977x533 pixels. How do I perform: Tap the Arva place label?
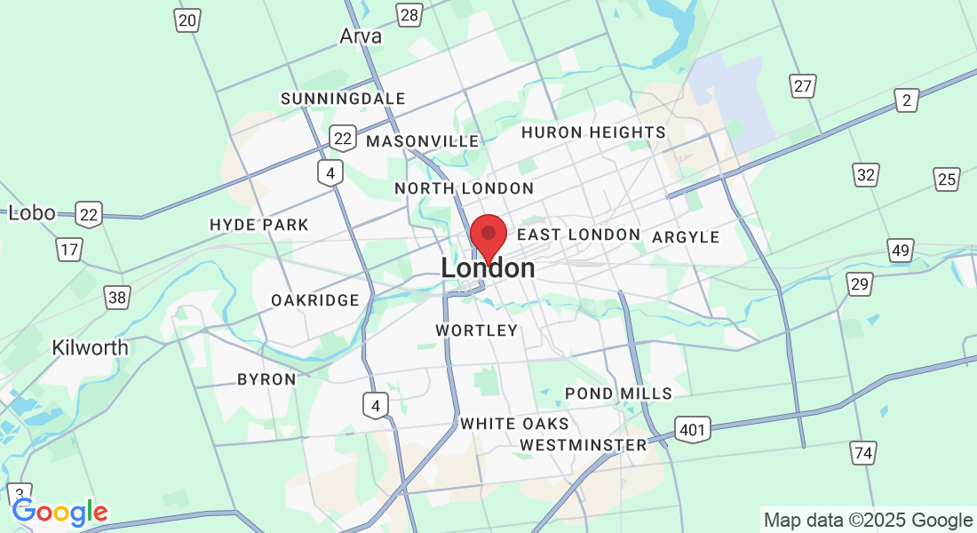pyautogui.click(x=361, y=36)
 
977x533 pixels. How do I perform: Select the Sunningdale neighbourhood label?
pyautogui.click(x=343, y=99)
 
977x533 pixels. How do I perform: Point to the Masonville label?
pyautogui.click(x=422, y=141)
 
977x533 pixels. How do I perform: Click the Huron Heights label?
pyautogui.click(x=593, y=132)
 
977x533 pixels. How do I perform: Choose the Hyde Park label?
pyautogui.click(x=259, y=225)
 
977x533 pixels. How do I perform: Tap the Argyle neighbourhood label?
pyautogui.click(x=686, y=237)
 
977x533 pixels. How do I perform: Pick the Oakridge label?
pyautogui.click(x=315, y=300)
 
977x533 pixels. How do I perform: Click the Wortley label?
pyautogui.click(x=476, y=330)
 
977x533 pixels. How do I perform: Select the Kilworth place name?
pyautogui.click(x=90, y=347)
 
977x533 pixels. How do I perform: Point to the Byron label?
pyautogui.click(x=266, y=379)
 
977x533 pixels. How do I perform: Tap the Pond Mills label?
pyautogui.click(x=618, y=394)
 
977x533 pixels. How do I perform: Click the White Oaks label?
pyautogui.click(x=514, y=424)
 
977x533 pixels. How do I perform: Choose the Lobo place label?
pyautogui.click(x=32, y=213)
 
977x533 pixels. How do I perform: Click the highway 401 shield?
pyautogui.click(x=693, y=431)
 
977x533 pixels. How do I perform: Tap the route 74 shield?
pyautogui.click(x=862, y=453)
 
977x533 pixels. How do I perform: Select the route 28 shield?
pyautogui.click(x=409, y=15)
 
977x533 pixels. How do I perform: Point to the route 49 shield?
pyautogui.click(x=901, y=251)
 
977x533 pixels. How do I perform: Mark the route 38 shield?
pyautogui.click(x=117, y=297)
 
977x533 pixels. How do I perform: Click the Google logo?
pyautogui.click(x=60, y=512)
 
